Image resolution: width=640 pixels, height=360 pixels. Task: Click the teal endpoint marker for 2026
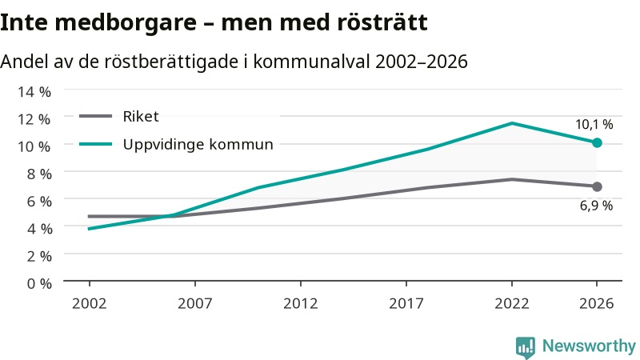click(597, 143)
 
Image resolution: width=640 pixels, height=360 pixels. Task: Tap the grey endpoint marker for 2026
click(597, 186)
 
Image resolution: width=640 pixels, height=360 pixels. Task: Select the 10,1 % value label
click(594, 125)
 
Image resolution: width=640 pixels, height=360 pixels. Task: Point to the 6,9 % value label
click(596, 206)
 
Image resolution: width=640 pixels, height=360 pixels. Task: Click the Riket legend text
click(141, 117)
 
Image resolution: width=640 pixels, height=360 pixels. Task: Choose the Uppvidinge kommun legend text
click(198, 145)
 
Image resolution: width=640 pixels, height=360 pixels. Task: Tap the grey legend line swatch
click(95, 116)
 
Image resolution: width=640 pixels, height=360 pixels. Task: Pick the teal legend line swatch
click(95, 144)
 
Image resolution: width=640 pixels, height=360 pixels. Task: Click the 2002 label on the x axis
click(89, 303)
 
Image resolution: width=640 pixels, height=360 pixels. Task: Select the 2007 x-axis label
click(194, 303)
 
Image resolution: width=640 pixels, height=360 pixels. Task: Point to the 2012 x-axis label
click(301, 303)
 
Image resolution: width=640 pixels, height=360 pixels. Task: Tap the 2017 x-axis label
click(406, 303)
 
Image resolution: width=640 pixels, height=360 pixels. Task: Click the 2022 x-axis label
click(512, 303)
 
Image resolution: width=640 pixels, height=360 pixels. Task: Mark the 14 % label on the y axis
click(34, 91)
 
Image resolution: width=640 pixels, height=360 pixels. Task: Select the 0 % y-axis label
click(39, 283)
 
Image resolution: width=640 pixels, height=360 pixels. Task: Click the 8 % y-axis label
click(39, 174)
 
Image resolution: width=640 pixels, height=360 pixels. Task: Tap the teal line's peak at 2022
click(512, 123)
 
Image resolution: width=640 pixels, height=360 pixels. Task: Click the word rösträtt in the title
click(382, 22)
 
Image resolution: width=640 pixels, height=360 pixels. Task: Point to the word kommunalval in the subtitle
click(312, 62)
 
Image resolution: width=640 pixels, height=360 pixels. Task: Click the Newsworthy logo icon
click(526, 347)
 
